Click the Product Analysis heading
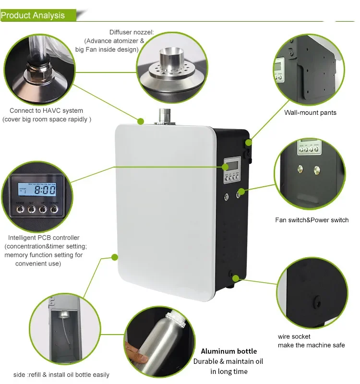[33, 15]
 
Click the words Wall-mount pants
[310, 113]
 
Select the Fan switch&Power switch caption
[312, 220]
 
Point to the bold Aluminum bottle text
[228, 351]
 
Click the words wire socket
[294, 336]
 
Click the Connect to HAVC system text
[46, 111]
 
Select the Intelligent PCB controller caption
[44, 238]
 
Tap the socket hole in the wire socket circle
[317, 301]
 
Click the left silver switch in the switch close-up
[300, 169]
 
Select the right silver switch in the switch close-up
[317, 169]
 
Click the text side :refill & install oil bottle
[61, 374]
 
